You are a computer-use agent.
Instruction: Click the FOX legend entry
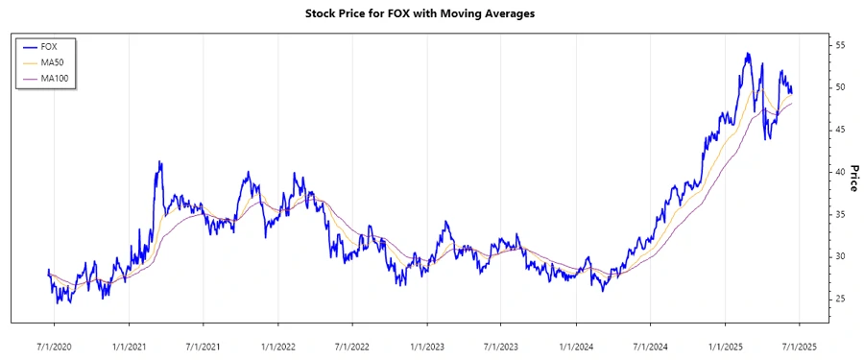[x=60, y=46]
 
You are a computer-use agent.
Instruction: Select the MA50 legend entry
[x=62, y=61]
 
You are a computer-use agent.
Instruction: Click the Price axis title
[x=853, y=176]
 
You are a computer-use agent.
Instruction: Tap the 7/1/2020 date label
[x=54, y=344]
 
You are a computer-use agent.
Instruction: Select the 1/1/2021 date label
[x=129, y=344]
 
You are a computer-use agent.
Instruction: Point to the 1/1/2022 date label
[x=277, y=344]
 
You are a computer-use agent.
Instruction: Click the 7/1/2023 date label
[x=501, y=344]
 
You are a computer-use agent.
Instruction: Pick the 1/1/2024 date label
[x=575, y=344]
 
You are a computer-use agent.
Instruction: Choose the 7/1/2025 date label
[x=799, y=344]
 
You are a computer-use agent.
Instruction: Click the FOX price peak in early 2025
[x=748, y=54]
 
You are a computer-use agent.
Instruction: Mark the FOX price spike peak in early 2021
[x=159, y=162]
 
